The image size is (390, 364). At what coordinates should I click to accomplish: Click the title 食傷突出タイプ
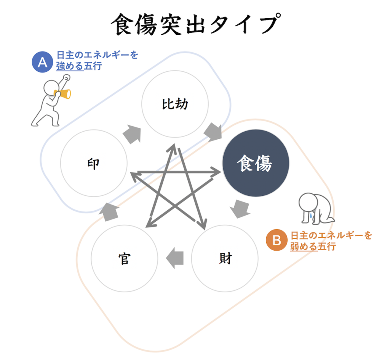point(196,24)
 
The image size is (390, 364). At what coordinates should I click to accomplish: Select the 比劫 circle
point(175,104)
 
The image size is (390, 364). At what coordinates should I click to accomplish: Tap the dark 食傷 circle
point(256,163)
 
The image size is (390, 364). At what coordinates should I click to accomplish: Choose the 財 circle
point(225,258)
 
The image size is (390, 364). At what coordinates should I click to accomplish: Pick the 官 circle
point(125,258)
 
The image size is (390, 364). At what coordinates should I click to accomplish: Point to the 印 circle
point(94,163)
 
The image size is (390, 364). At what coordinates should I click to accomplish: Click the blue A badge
point(42,62)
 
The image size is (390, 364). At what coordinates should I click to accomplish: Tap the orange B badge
point(277,240)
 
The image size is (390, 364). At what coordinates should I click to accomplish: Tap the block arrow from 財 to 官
point(175,258)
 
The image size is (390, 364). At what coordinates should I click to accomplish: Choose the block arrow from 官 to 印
point(109,212)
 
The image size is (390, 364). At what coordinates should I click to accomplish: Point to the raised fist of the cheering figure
point(66,77)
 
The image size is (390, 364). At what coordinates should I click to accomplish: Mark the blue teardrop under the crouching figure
point(311,215)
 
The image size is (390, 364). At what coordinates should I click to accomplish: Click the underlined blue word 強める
point(70,66)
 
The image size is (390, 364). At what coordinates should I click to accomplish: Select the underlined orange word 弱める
point(304,246)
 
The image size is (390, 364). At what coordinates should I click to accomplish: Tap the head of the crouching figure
point(308,202)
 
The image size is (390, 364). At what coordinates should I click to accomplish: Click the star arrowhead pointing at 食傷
point(216,172)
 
